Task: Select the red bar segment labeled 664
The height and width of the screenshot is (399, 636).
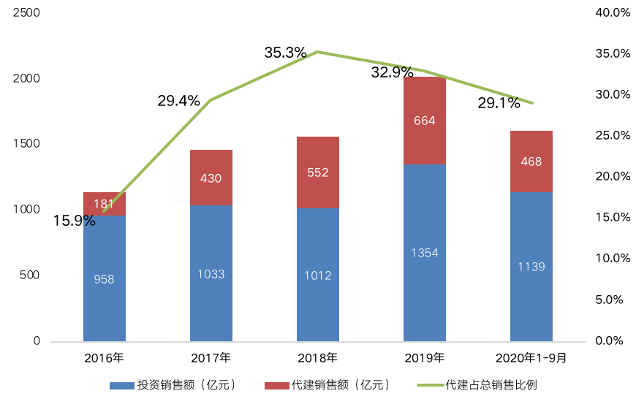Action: tap(425, 121)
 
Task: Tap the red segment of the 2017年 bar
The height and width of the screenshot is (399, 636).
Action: tap(211, 178)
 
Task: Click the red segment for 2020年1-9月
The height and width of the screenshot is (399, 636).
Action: tap(531, 161)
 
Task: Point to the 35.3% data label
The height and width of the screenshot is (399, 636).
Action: tap(285, 53)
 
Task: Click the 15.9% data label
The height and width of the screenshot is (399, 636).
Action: tap(75, 220)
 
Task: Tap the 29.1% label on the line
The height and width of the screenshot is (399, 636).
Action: tap(499, 103)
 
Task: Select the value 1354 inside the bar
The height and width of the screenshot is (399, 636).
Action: tap(425, 253)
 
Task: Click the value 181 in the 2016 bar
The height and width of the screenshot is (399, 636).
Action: tap(105, 204)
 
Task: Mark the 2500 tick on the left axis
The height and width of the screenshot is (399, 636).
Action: tap(27, 13)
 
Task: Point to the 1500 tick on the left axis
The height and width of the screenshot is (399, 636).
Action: tap(27, 144)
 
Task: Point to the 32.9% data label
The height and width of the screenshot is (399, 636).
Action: tap(392, 72)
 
